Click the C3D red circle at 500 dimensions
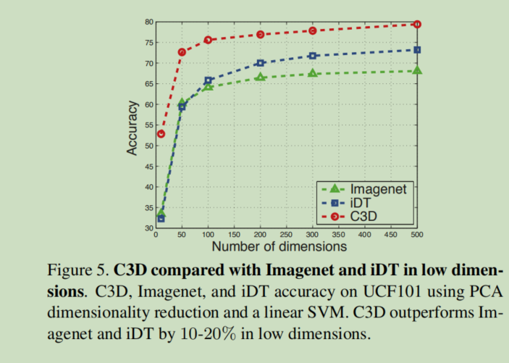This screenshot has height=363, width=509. coord(417,24)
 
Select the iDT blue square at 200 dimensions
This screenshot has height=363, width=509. coord(261,63)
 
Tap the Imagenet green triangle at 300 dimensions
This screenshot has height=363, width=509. coord(313,73)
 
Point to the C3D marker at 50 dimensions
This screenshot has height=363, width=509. coord(182,52)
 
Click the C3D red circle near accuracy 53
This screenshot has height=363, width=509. coord(161,134)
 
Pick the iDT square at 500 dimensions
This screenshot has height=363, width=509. coord(417,50)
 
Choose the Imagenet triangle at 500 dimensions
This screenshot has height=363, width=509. coord(417,70)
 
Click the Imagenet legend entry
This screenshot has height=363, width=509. coord(365,190)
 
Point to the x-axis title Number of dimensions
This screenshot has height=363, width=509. coord(279,247)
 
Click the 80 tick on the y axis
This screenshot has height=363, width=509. coord(148,22)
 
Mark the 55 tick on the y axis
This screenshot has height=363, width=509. coord(148,125)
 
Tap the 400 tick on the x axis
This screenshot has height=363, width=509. coord(365,235)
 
